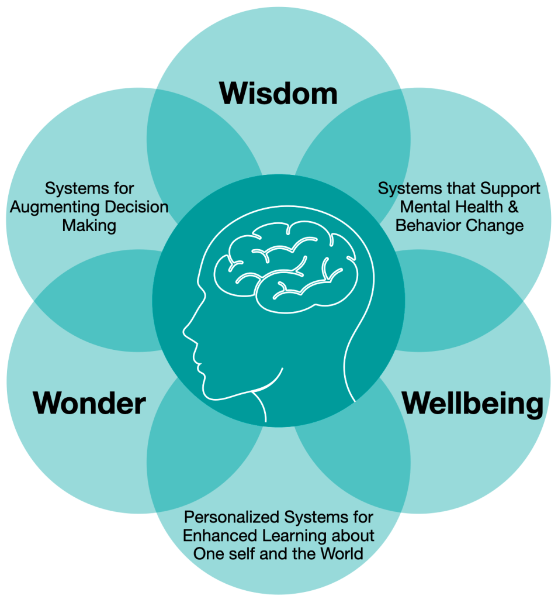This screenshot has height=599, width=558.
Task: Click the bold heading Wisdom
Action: tap(278, 94)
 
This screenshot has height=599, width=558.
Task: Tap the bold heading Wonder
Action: tap(89, 403)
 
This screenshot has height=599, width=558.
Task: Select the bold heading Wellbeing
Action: tap(473, 403)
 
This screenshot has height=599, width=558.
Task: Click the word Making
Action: tap(90, 225)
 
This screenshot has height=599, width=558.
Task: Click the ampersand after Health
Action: tap(513, 207)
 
